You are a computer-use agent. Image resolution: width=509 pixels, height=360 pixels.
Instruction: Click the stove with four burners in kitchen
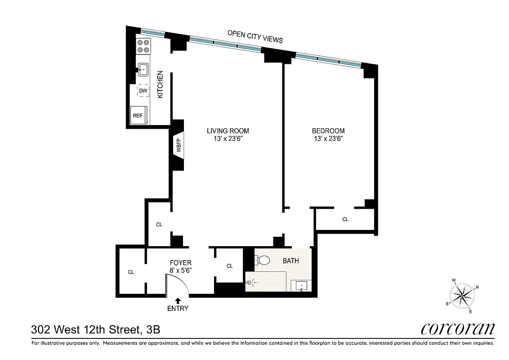point(144,46)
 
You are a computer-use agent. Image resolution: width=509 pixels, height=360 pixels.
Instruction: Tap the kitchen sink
point(144,69)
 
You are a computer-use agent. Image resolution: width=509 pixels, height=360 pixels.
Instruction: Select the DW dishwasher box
point(143,90)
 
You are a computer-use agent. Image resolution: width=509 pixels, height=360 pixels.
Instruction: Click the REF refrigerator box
point(138,115)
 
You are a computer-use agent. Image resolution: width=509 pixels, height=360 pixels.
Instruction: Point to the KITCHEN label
point(160,85)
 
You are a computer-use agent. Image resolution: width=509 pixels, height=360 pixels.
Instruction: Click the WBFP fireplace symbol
point(178,148)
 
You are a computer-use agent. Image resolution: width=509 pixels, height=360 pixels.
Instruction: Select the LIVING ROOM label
point(228,131)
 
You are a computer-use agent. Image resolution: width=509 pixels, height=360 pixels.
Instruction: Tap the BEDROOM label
point(328,131)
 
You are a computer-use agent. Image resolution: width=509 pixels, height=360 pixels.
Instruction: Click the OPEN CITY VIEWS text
point(255,36)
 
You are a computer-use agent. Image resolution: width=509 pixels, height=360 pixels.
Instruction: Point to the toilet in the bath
point(262,260)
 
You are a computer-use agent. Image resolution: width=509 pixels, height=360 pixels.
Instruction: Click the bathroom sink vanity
point(301,286)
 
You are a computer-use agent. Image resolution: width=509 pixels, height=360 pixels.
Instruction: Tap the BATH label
point(290,261)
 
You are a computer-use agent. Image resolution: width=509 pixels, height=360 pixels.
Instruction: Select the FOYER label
point(181,263)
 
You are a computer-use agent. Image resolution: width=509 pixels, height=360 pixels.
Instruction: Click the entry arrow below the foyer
point(178,300)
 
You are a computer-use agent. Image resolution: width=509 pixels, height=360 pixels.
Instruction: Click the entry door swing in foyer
point(173,284)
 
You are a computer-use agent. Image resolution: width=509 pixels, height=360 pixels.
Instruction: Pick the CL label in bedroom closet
point(345,220)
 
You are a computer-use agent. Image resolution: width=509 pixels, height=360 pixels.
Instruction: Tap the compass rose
point(462,296)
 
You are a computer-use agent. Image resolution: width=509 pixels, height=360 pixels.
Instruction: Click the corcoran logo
point(458,329)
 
